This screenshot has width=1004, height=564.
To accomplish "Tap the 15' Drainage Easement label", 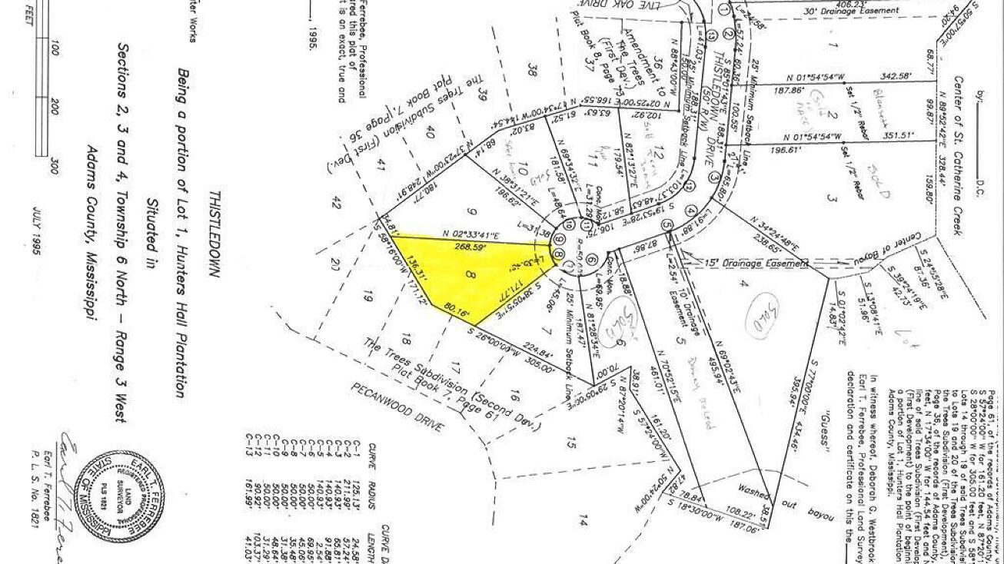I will point(756,263).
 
